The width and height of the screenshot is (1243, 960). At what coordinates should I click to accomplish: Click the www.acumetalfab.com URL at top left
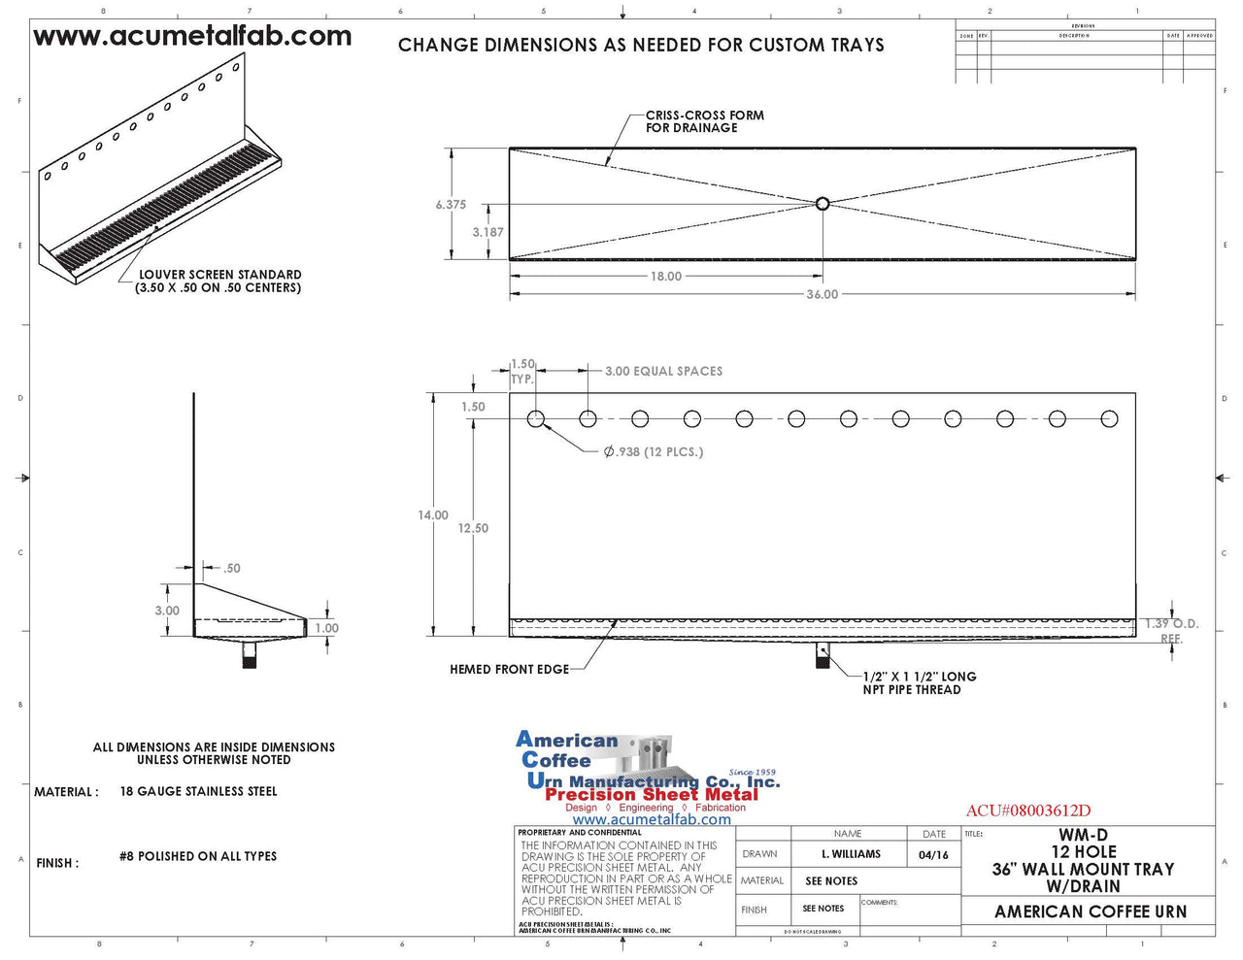[192, 37]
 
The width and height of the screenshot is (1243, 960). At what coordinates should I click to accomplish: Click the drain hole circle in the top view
[823, 204]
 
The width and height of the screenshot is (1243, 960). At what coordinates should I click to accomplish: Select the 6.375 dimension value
[451, 205]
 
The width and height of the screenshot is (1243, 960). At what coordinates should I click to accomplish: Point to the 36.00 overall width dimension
[822, 294]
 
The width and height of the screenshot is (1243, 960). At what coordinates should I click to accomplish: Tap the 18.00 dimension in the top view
[666, 277]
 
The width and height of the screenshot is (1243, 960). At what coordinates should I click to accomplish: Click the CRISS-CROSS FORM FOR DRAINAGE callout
[704, 121]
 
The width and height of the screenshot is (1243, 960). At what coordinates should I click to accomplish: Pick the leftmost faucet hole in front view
[536, 419]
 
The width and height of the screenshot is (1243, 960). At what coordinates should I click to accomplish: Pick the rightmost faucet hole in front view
[1109, 419]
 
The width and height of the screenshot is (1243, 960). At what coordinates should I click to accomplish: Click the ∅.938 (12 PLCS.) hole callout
[653, 451]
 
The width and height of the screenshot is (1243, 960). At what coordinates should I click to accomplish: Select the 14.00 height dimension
[433, 515]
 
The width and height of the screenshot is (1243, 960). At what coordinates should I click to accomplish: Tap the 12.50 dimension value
[473, 528]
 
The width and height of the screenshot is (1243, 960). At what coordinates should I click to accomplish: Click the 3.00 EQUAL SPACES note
[663, 371]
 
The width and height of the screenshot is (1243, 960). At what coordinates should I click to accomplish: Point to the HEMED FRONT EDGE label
[509, 669]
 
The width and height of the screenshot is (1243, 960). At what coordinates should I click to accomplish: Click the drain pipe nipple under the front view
[823, 656]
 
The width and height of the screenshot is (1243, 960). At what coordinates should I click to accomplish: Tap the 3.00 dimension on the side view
[167, 611]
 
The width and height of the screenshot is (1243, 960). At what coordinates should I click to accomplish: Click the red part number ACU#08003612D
[1027, 811]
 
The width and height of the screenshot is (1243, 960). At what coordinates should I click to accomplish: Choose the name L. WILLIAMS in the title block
[851, 854]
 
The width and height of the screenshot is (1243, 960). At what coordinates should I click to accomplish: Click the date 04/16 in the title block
[933, 854]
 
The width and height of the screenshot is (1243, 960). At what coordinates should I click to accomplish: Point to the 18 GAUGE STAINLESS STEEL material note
[198, 791]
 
